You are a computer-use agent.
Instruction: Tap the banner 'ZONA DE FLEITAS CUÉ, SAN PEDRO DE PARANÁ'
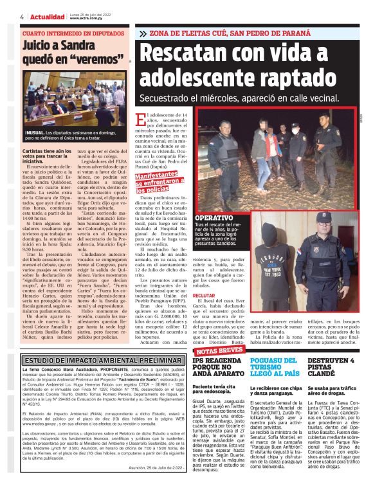click(x=254, y=33)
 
